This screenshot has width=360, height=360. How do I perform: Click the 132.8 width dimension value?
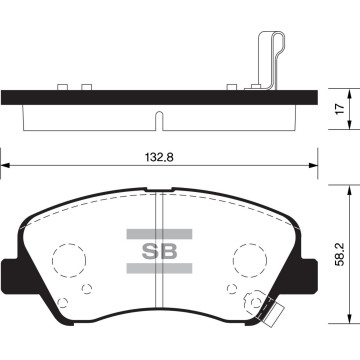[x=159, y=157]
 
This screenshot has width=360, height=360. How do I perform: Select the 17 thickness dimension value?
[x=340, y=109]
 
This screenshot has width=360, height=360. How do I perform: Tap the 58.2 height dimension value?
[x=340, y=254]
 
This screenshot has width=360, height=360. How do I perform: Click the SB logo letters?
[x=159, y=251]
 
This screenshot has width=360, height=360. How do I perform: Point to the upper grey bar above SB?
[x=159, y=234]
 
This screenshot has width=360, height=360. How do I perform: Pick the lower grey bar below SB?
[x=159, y=268]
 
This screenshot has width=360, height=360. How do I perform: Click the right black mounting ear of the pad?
[x=307, y=275]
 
